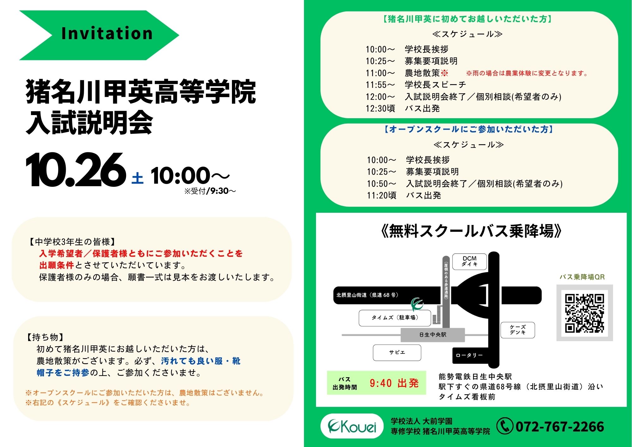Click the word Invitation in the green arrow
[107, 34]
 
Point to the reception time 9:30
[219, 191]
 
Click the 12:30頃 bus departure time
[380, 108]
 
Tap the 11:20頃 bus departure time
[382, 195]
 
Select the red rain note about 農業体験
[527, 73]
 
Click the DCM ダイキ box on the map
[470, 261]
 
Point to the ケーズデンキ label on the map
[518, 330]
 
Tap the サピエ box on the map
[397, 352]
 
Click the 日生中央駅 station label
[433, 335]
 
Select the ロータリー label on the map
[469, 355]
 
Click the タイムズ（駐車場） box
[395, 318]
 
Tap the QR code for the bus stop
[585, 313]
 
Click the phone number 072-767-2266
[560, 426]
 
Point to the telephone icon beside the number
[505, 426]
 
